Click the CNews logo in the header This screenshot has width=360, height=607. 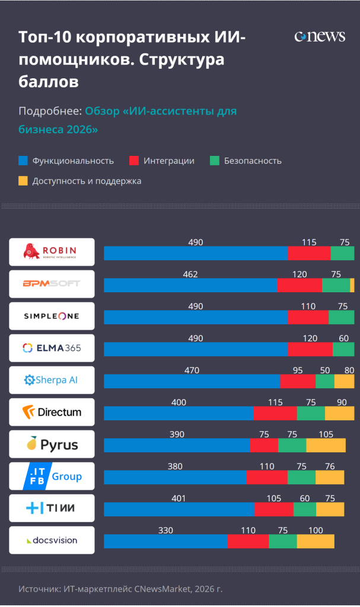click(x=319, y=37)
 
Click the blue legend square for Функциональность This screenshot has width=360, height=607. click(x=23, y=161)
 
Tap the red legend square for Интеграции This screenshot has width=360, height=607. click(x=134, y=161)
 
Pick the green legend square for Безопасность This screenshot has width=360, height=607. click(x=215, y=161)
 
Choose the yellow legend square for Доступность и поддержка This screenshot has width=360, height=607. click(x=23, y=181)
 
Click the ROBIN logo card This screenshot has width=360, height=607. click(x=52, y=252)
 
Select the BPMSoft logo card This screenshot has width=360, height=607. click(x=52, y=284)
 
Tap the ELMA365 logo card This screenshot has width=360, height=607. click(x=52, y=348)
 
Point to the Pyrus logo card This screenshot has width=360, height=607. click(x=52, y=444)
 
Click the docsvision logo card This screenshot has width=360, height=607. click(x=52, y=540)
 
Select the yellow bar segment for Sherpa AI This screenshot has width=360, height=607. click(x=344, y=381)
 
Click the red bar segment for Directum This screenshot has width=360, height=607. click(x=275, y=413)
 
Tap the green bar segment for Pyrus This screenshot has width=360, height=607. click(x=292, y=445)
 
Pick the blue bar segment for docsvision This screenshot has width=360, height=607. click(x=165, y=541)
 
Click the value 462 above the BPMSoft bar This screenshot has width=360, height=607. click(x=190, y=274)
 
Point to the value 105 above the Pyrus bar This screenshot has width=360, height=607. click(x=326, y=435)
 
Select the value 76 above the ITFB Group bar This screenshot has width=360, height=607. click(x=330, y=467)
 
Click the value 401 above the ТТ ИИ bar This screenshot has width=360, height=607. click(x=179, y=499)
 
